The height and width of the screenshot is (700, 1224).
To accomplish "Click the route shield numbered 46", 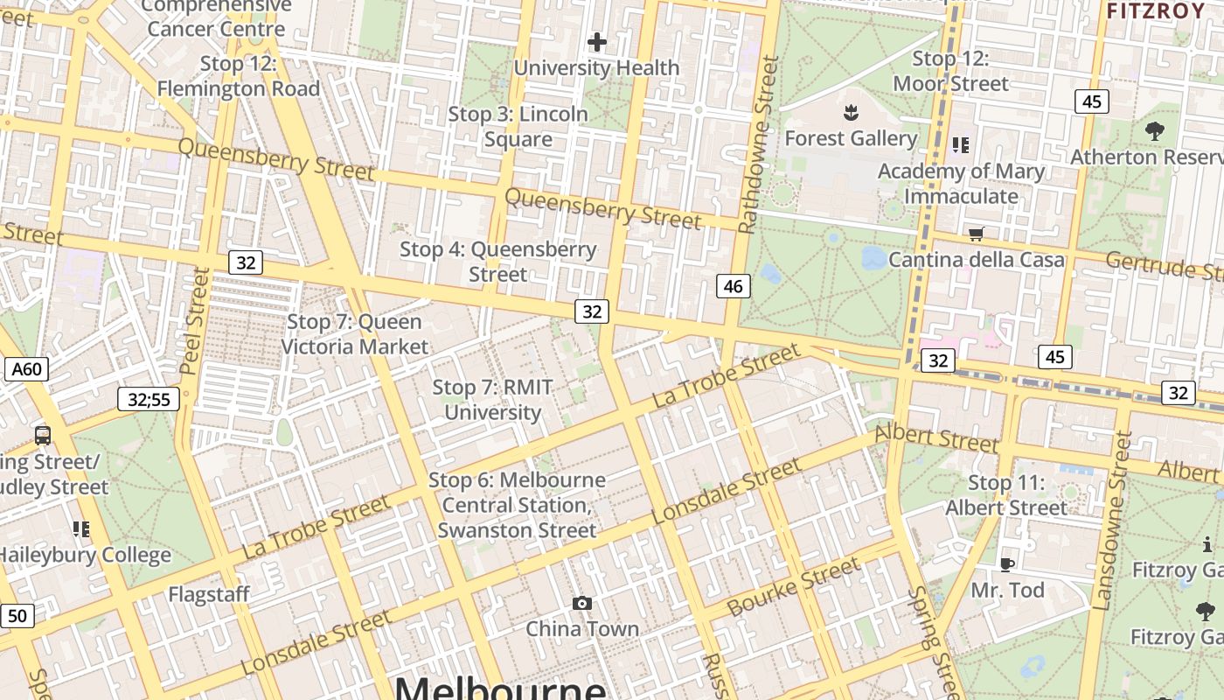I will [x=734, y=285].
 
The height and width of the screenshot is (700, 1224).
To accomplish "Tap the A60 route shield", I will [x=26, y=369].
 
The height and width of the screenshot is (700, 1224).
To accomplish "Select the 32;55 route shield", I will [x=149, y=400].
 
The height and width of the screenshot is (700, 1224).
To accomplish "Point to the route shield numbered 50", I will [x=16, y=616].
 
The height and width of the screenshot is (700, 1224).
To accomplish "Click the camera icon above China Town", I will [x=582, y=603].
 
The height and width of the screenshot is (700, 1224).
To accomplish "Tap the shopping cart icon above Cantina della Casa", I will [x=976, y=234].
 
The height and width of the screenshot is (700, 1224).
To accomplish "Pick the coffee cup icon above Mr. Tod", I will [x=1007, y=564].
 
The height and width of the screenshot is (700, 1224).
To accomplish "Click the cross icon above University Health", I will [x=597, y=41].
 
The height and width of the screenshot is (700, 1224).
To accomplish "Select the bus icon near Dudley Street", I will [x=42, y=435].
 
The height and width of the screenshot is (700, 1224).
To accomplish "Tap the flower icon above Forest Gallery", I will [x=850, y=112].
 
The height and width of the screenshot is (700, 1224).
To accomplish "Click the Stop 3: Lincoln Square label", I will [x=518, y=127].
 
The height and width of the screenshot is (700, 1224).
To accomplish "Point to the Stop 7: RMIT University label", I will [x=493, y=400].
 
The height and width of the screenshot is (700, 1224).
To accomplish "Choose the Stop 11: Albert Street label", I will [x=1006, y=495].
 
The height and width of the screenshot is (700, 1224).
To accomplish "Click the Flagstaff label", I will [x=209, y=595].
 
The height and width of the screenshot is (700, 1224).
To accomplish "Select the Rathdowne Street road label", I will [x=757, y=144].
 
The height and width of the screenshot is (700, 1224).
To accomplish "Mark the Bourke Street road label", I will [x=793, y=586].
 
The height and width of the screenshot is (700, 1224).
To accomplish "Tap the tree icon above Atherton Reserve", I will [x=1154, y=131].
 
